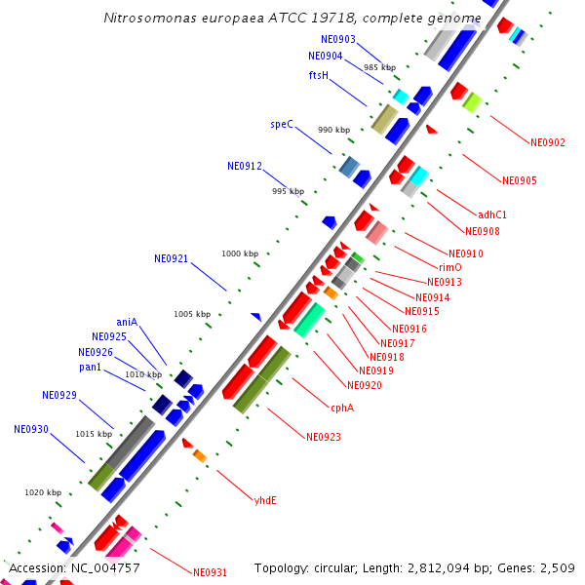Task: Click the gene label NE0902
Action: [x=548, y=142]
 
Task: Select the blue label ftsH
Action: [x=319, y=75]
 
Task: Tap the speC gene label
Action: [x=282, y=125]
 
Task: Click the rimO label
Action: [x=449, y=267]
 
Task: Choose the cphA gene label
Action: [x=341, y=408]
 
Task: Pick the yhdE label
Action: [x=265, y=500]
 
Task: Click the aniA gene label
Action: [x=127, y=322]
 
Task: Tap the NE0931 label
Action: [x=210, y=572]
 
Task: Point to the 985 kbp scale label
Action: [x=379, y=67]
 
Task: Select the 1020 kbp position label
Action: [x=43, y=492]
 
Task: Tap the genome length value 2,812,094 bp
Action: [x=448, y=567]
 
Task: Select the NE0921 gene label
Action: [x=171, y=258]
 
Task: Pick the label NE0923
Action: [x=324, y=437]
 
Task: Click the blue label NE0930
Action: [x=31, y=429]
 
